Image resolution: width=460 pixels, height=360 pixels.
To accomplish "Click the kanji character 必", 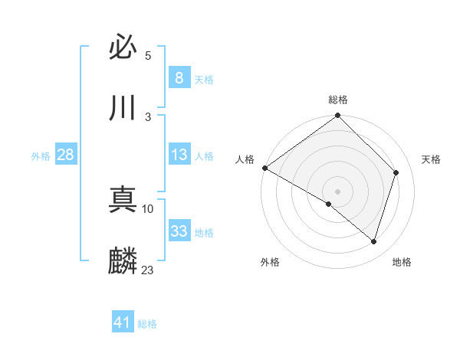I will tap(123, 48).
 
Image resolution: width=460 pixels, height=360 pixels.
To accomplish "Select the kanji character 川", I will tap(123, 109).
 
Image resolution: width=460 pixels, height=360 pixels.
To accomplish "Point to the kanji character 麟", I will tap(123, 261).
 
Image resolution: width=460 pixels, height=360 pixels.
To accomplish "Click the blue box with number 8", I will tap(179, 78).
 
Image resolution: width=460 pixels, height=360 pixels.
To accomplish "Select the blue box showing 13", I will tap(179, 155).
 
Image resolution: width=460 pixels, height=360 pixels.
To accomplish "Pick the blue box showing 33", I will tap(179, 231).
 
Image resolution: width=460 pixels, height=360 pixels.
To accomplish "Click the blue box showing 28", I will tap(65, 155).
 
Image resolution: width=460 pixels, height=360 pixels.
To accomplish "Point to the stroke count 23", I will tap(148, 270).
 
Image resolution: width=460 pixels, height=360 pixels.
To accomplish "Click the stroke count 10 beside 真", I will tap(148, 208).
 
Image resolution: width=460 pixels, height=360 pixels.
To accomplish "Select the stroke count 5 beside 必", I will tap(148, 56).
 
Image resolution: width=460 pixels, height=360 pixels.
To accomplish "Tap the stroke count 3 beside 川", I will tap(148, 116).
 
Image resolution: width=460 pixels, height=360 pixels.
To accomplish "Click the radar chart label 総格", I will tap(338, 100).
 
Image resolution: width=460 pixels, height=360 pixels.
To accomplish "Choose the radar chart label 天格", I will tap(431, 159).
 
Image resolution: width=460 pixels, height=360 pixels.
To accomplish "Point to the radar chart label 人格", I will tap(245, 159).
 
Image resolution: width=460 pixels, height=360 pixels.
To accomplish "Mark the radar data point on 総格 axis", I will tap(338, 116).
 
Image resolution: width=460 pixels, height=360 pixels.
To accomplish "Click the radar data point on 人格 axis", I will tap(264, 168).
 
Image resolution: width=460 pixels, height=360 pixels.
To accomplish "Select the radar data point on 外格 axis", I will tap(329, 204).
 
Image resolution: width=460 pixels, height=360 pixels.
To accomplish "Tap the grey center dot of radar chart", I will tap(338, 191).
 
